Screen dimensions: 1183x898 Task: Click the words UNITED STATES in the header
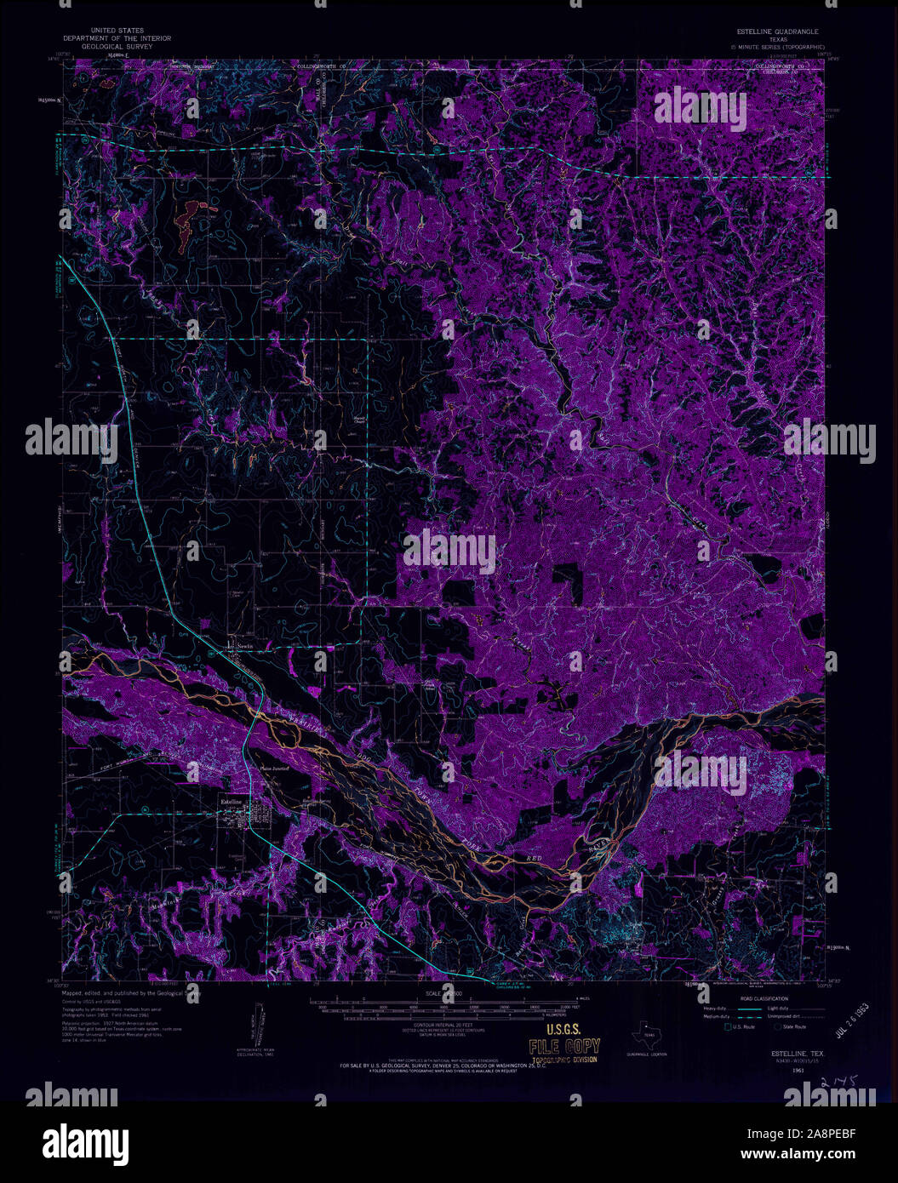(117, 31)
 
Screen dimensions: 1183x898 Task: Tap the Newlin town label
(245, 646)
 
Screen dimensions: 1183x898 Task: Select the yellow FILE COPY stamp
(564, 1048)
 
